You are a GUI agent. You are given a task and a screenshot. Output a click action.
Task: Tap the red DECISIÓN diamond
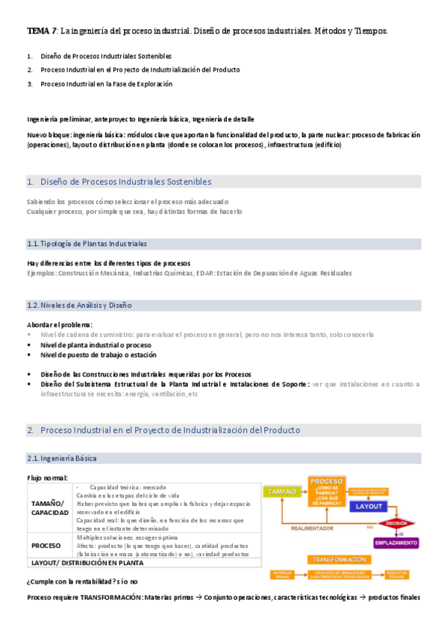tap(397, 523)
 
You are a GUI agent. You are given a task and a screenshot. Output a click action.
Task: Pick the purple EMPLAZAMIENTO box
tap(396, 543)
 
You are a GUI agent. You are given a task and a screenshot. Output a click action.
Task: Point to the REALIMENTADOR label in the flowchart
tap(313, 527)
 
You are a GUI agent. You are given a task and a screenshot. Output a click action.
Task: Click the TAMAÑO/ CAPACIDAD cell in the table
tap(49, 508)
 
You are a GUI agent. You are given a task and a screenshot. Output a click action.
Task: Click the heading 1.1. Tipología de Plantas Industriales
tap(87, 244)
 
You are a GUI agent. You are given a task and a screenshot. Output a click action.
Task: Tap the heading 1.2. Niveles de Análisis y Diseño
tap(78, 305)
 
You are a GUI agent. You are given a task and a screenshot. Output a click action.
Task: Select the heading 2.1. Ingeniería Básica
tap(61, 458)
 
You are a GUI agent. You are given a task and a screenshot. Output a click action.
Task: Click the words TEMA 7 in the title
tap(40, 31)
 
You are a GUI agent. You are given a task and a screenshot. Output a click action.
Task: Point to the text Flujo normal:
tap(47, 478)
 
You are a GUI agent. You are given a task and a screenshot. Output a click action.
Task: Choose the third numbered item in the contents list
tap(105, 83)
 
